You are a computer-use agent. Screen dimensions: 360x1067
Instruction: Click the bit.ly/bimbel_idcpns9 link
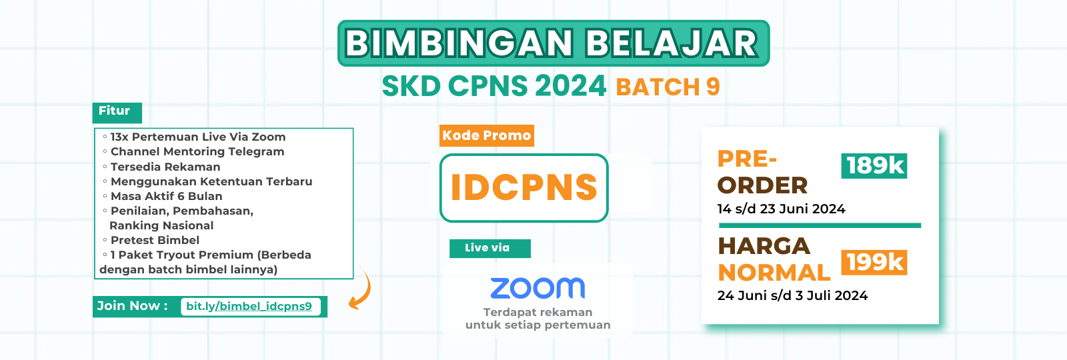tap(249, 307)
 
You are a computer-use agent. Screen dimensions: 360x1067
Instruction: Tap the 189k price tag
tap(874, 165)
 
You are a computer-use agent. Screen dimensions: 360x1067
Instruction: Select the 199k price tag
tap(874, 263)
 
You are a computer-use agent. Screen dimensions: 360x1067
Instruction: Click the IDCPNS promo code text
tap(524, 187)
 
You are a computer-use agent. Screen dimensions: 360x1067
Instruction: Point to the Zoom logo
tap(538, 288)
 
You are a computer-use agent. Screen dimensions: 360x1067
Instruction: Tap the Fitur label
tap(115, 111)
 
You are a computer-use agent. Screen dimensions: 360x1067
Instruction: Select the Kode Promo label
tap(487, 136)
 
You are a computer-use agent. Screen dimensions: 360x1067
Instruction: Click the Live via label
tap(487, 248)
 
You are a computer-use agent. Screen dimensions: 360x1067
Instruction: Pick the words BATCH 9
tap(668, 87)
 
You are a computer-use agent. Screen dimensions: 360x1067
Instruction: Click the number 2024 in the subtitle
tap(570, 86)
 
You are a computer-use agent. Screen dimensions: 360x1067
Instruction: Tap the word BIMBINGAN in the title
tap(459, 44)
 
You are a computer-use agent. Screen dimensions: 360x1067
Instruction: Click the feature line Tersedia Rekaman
tap(165, 167)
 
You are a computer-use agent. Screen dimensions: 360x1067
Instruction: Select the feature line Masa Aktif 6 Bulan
tap(166, 196)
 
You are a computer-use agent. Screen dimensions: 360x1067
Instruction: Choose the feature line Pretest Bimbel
tap(155, 240)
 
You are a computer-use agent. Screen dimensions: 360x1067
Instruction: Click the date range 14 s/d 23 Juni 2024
tap(781, 209)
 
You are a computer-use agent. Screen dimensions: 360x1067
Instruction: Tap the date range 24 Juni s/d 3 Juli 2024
tap(792, 295)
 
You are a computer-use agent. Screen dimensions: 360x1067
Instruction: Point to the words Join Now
tap(129, 306)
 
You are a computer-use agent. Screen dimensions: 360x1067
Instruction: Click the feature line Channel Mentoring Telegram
tap(197, 152)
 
